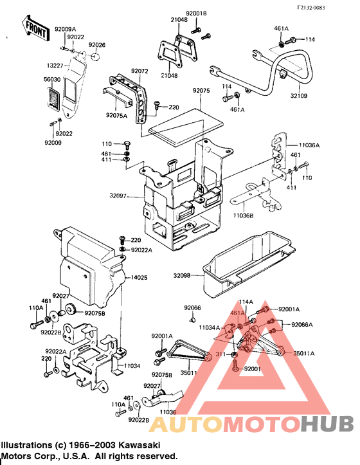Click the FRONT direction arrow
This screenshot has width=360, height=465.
35,28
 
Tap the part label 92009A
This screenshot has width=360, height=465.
66,29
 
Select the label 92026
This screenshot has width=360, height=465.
97,45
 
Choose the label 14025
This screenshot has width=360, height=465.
140,277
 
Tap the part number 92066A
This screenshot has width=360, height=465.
301,325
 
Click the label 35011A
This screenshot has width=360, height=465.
304,353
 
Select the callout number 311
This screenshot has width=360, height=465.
221,354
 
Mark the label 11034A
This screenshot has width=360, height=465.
210,327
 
